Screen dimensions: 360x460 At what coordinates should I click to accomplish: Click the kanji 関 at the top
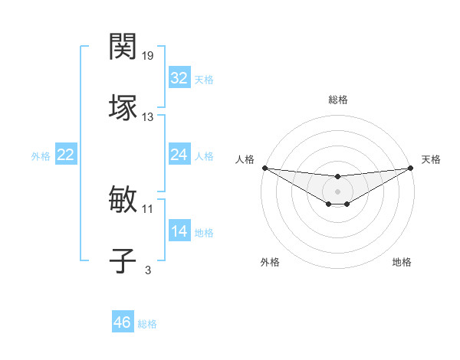coord(123,47)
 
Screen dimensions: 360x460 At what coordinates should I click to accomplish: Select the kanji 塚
coord(123,108)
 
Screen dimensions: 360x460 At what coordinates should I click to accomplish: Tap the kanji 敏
coord(123,200)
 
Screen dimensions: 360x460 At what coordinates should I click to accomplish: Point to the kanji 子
coord(123,260)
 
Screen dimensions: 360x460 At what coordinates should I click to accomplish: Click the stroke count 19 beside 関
coord(148,56)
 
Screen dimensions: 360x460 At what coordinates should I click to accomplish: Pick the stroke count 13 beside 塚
coord(148,117)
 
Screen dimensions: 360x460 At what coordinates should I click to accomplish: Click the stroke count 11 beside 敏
coord(148,208)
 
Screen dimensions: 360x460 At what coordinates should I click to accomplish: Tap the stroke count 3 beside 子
coord(148,270)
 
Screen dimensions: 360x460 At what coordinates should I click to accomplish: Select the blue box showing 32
coord(179,78)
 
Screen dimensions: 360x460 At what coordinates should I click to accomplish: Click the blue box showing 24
coord(179,155)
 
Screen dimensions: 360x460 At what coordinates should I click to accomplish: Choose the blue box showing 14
coord(179,231)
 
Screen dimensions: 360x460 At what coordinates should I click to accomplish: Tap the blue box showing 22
coord(65,155)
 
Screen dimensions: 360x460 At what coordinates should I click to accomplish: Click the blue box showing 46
coord(123,322)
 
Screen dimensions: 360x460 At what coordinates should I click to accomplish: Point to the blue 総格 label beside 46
coord(147,324)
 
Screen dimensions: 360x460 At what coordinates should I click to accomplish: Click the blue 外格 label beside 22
coord(41,156)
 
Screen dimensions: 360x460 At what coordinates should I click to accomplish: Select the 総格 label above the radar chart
coord(338,100)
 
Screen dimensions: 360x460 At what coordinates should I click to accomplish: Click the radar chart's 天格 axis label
coord(432,159)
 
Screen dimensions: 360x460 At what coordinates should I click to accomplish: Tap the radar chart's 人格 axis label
coord(245,159)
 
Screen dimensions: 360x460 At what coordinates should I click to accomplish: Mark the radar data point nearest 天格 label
coord(411,168)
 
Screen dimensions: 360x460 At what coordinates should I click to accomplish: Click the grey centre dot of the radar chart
coord(337,191)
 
